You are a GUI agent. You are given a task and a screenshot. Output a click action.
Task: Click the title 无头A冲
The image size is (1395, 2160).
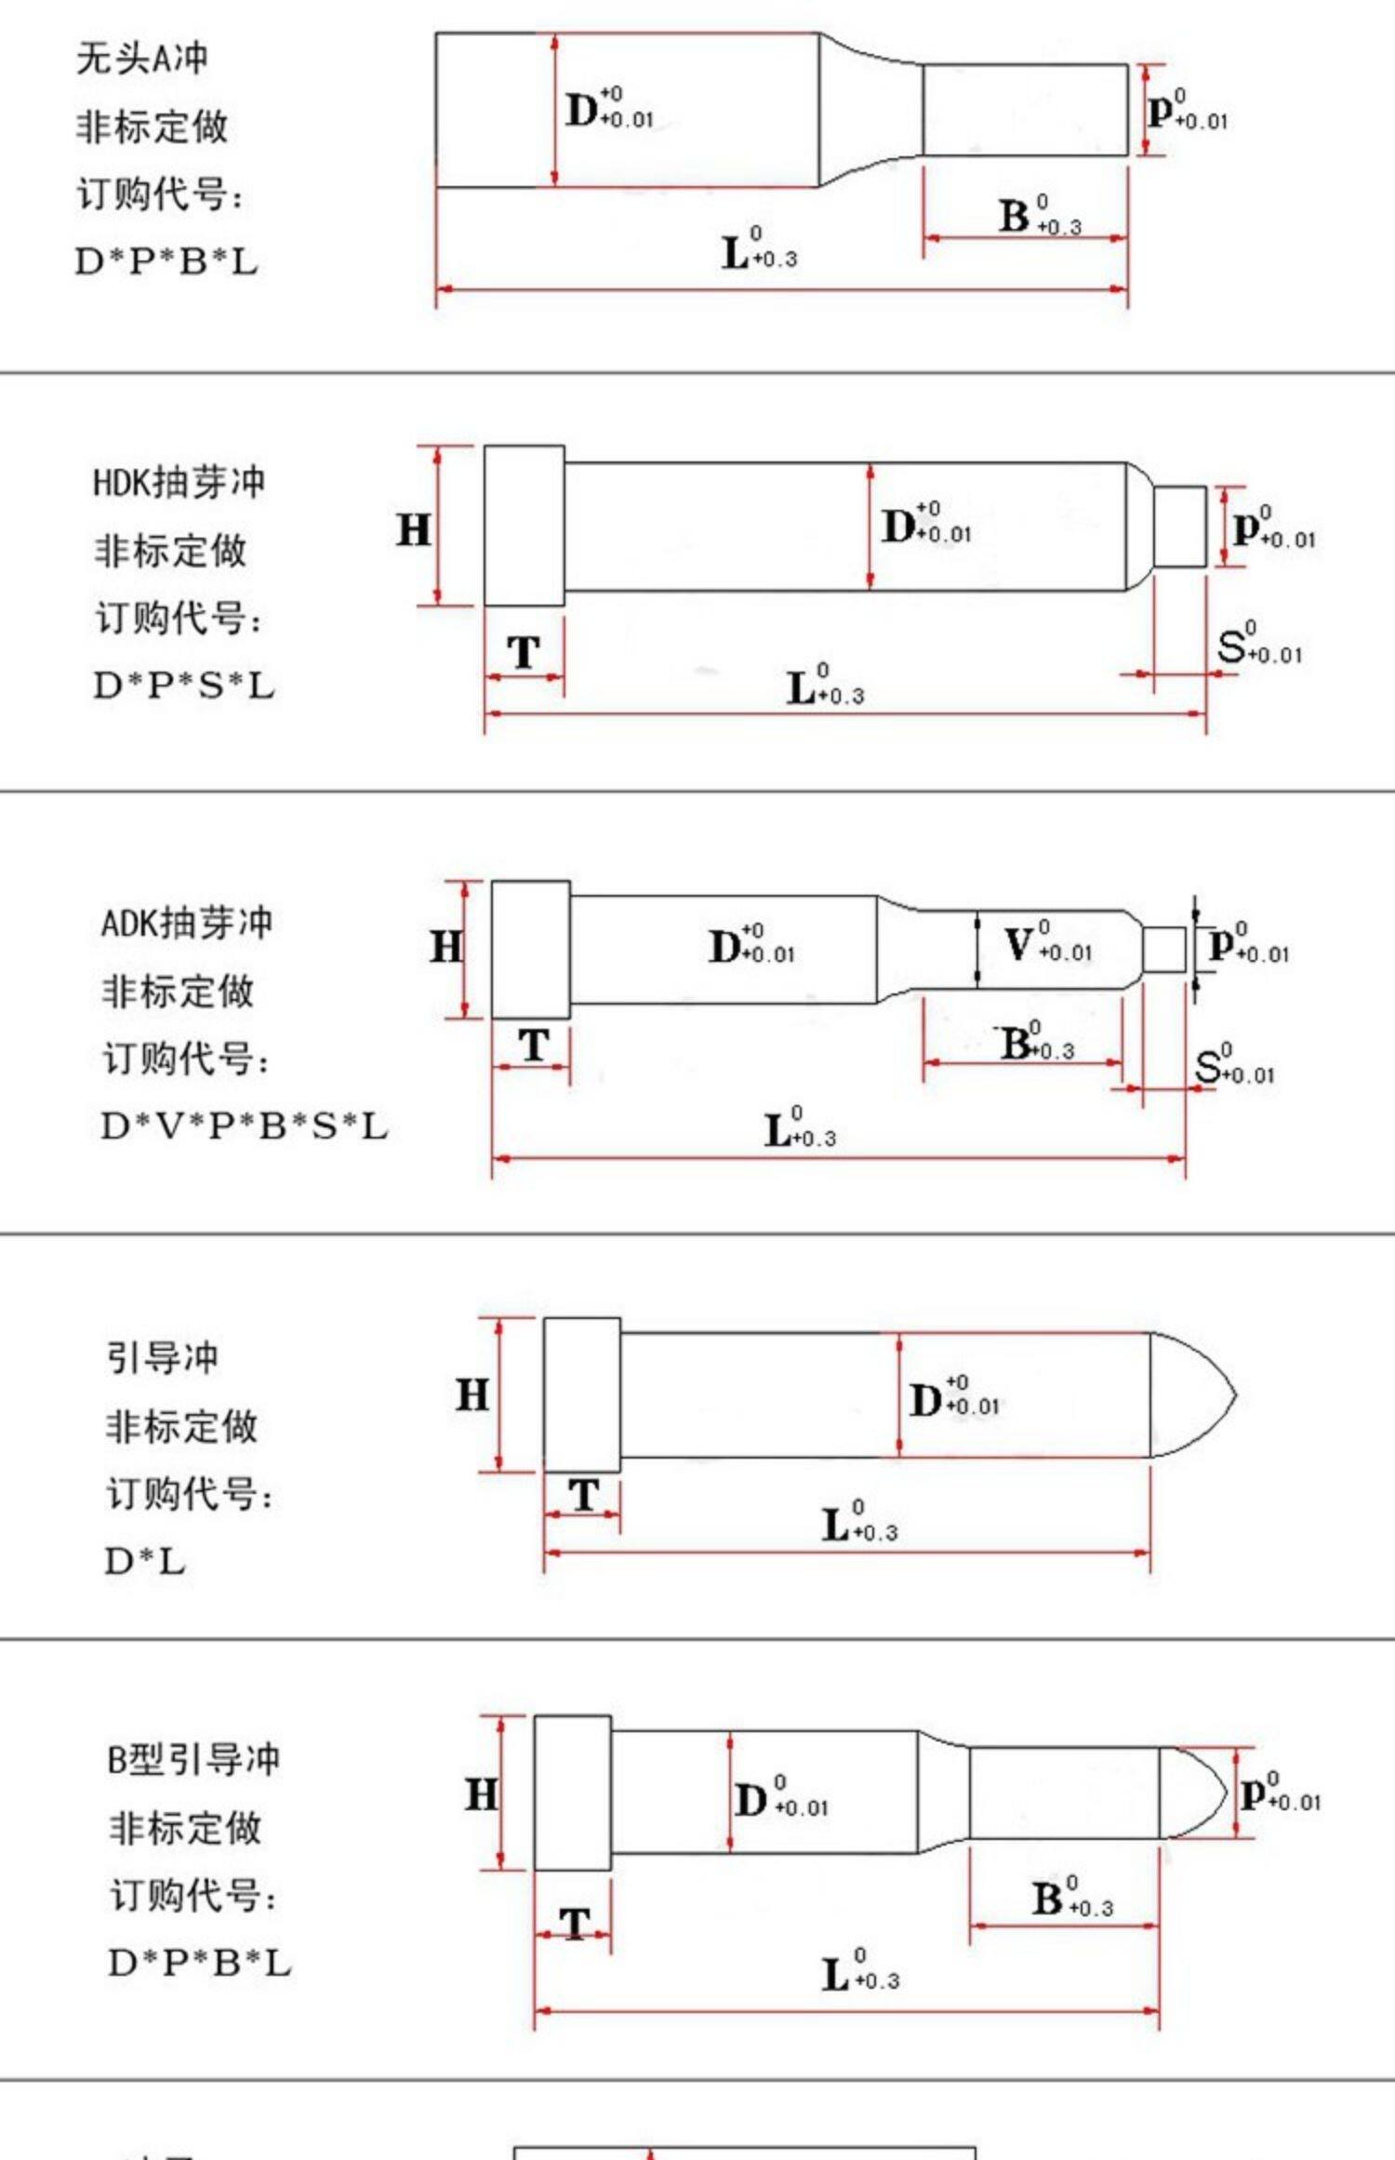point(141,59)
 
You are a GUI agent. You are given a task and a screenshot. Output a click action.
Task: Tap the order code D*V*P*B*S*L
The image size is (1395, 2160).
point(244,1127)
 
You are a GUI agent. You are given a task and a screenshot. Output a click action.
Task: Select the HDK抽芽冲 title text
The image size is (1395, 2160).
point(179,483)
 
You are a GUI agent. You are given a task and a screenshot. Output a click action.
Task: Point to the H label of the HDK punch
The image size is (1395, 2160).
point(414,530)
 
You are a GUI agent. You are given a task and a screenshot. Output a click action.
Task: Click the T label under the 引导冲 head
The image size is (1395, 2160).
point(583,1496)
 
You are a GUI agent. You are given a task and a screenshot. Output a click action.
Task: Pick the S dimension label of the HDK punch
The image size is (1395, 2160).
point(1231,646)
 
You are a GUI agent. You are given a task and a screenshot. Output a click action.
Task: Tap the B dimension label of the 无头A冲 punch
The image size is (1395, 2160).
point(1014,217)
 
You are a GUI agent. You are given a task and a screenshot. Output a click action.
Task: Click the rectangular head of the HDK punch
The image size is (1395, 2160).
point(524,526)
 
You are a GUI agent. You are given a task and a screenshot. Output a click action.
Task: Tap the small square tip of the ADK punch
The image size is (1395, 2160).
point(1164,949)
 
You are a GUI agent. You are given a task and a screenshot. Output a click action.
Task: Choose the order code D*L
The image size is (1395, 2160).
point(145,1562)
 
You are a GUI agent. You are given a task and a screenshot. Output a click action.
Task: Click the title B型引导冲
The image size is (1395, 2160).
point(193,1760)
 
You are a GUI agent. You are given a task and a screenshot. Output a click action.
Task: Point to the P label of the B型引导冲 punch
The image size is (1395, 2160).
point(1254,1792)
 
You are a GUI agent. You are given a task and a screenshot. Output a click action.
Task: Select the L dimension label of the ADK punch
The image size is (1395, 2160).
point(777,1131)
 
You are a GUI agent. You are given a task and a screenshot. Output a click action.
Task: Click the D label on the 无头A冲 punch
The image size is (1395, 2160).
point(583,110)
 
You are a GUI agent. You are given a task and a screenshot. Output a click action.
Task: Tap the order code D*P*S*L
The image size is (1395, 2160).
point(184,687)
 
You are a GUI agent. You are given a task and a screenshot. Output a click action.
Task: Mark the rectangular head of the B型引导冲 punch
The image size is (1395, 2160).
point(572,1793)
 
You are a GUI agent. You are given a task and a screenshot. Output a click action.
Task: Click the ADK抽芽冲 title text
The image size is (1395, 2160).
point(186,924)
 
